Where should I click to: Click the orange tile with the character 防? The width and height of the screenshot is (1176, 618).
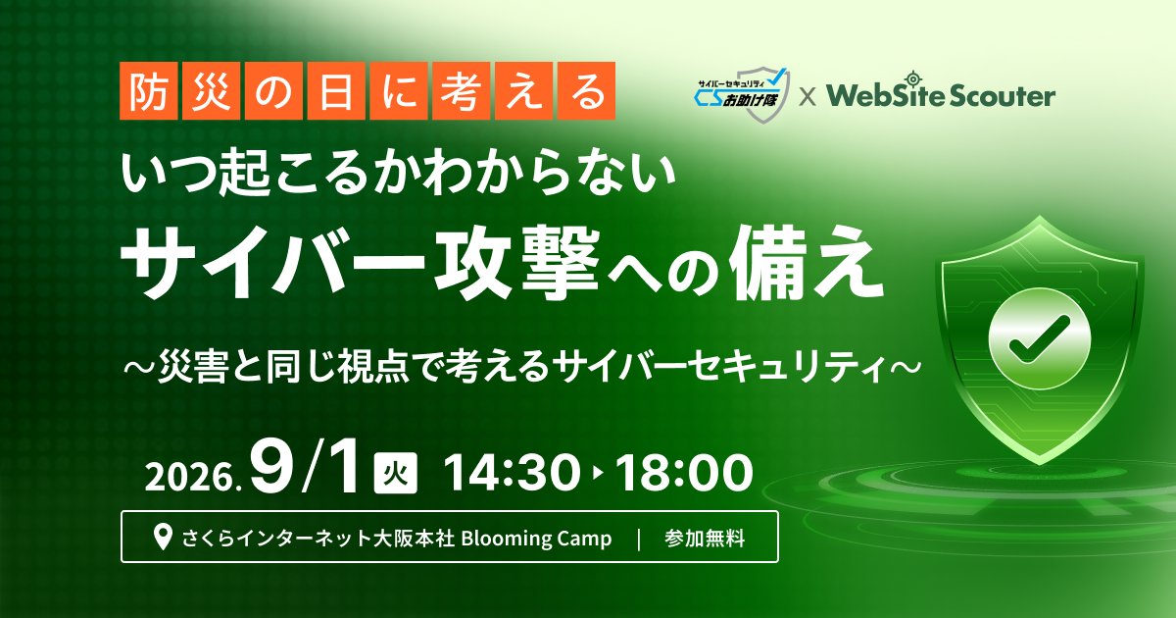pos(149,91)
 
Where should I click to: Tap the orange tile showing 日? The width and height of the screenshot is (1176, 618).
pos(336,91)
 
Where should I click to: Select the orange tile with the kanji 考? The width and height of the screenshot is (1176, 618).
pos(461,91)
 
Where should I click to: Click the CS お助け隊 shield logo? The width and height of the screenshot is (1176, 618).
pos(741,95)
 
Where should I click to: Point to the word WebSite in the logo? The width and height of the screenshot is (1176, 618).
pos(886,96)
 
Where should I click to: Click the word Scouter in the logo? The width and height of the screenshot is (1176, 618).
pos(1004,96)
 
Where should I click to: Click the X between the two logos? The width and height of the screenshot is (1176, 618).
pos(808,97)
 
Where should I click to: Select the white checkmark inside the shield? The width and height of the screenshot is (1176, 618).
pos(1040,339)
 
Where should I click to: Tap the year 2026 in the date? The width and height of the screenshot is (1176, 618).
pos(189,477)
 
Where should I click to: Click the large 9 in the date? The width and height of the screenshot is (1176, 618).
pos(271,467)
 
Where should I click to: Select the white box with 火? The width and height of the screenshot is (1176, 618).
pos(396,473)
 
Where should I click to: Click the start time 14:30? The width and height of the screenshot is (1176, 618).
pos(512,473)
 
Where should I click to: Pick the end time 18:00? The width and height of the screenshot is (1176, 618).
pos(685,473)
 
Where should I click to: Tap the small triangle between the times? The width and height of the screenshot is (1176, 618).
pos(598,474)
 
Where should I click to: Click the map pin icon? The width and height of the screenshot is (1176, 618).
pos(164,538)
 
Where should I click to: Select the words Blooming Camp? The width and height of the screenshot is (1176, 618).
pos(537,539)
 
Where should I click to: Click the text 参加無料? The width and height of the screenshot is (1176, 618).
pos(705,539)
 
